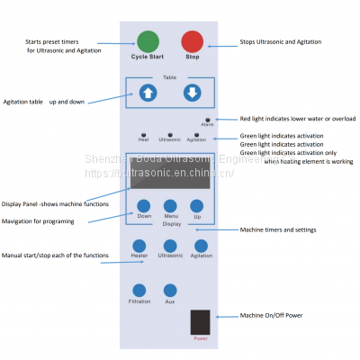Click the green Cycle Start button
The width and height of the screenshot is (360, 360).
(148, 41)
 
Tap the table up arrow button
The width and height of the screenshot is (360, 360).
(148, 93)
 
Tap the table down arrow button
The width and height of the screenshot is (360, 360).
(190, 93)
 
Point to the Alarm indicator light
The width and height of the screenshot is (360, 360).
(207, 120)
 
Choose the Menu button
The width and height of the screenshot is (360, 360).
(170, 206)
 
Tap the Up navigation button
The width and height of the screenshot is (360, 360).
(196, 206)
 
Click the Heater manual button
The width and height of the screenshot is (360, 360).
(139, 245)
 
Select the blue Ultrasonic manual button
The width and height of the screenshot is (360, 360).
(170, 245)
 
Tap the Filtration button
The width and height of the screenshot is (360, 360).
(139, 290)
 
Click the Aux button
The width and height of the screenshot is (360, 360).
(169, 290)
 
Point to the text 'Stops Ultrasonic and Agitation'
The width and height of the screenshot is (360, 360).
(280, 42)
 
